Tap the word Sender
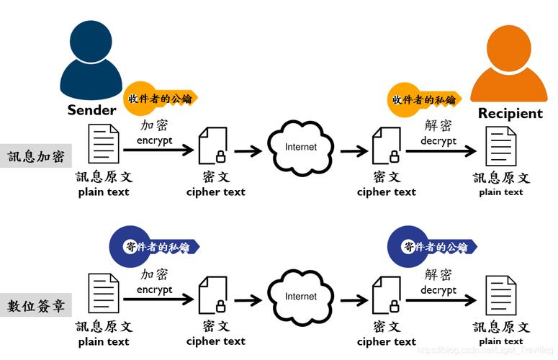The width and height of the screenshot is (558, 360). point(91,110)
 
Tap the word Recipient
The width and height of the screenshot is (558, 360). point(510,114)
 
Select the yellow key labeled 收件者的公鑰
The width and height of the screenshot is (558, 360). point(159,98)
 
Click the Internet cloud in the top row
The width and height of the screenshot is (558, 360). point(301,148)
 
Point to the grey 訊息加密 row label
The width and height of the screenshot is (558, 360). point(35,156)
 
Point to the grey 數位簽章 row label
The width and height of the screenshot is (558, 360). point(35,305)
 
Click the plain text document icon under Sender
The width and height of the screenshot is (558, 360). point(104,145)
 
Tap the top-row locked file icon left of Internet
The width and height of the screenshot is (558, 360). point(214,148)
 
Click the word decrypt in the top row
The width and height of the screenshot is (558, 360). point(438,141)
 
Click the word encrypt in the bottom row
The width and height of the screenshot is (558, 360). point(155,290)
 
